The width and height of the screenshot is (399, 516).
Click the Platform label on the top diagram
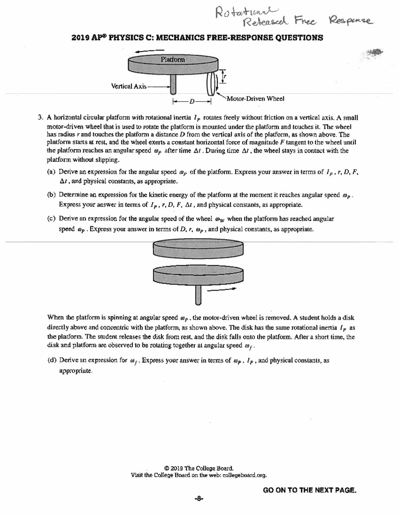[x=173, y=60]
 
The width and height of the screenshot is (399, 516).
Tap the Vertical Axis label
[x=129, y=86]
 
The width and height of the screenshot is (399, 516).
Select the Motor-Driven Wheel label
[x=255, y=99]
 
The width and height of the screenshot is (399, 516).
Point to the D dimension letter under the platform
[x=192, y=101]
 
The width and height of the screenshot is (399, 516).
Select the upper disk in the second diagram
[x=198, y=249]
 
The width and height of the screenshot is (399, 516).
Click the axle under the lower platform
[x=198, y=294]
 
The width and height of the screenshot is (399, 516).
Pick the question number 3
[x=40, y=118]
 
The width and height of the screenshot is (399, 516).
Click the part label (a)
[x=52, y=172]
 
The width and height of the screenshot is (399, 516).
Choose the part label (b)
[x=52, y=195]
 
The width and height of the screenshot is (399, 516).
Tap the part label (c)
[x=52, y=219]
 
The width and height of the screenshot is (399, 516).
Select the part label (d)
[x=52, y=360]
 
